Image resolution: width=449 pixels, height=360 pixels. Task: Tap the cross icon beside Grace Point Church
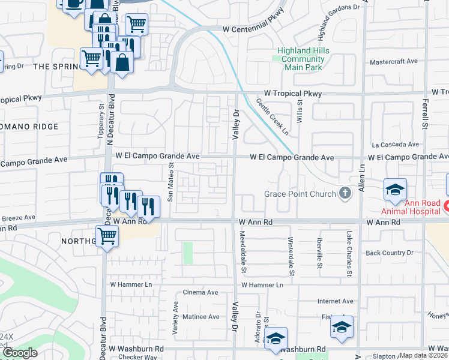[345, 193]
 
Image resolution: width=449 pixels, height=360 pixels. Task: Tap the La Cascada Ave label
[395, 145]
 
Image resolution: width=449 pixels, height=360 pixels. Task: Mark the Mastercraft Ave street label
[394, 61]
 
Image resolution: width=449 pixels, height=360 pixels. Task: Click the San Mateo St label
[170, 182]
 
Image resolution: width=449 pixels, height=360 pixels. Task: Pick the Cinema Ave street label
[204, 292]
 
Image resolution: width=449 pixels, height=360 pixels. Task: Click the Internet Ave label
[334, 301]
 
